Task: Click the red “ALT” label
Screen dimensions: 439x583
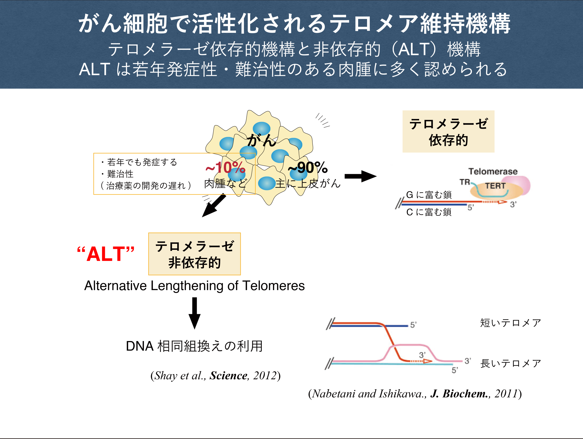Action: coord(106,254)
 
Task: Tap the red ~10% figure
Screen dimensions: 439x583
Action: coord(225,168)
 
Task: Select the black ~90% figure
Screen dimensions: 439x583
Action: coord(308,168)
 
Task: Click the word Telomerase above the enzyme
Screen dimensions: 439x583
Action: coord(493,171)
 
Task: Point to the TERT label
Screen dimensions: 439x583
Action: coord(495,186)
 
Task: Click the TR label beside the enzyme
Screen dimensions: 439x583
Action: coord(465,182)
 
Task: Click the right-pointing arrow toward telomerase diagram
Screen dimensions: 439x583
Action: coord(360,176)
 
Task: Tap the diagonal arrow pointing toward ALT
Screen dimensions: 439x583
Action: coord(214,205)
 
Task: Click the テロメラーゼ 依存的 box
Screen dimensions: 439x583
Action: coord(448,132)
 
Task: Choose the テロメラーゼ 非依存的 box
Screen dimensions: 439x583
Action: coord(195,254)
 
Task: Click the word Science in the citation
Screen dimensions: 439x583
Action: coord(229,376)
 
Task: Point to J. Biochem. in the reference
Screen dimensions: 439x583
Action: coord(459,394)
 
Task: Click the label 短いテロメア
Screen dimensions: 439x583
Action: coord(510,323)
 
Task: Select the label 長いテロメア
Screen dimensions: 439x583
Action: coord(510,364)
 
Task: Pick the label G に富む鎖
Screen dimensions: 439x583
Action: coord(429,195)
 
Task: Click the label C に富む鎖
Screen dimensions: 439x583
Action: coord(429,212)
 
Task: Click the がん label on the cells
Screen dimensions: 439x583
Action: coord(261,140)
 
